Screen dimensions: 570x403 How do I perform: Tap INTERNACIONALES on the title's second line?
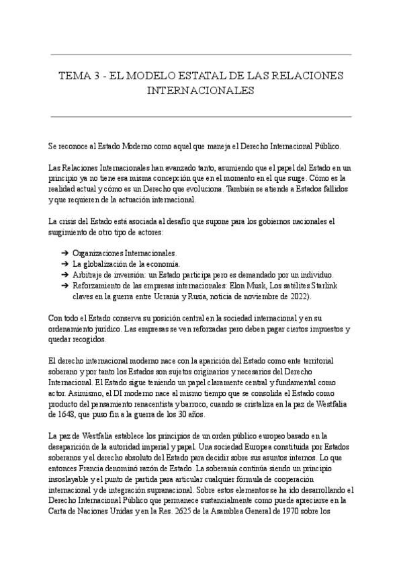tap(201, 89)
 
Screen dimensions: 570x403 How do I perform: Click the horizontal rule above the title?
tap(201, 54)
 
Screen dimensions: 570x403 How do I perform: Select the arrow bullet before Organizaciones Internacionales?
tap(64, 253)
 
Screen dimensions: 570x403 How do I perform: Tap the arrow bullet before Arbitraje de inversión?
tap(64, 274)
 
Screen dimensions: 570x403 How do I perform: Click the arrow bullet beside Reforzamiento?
tap(64, 285)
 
